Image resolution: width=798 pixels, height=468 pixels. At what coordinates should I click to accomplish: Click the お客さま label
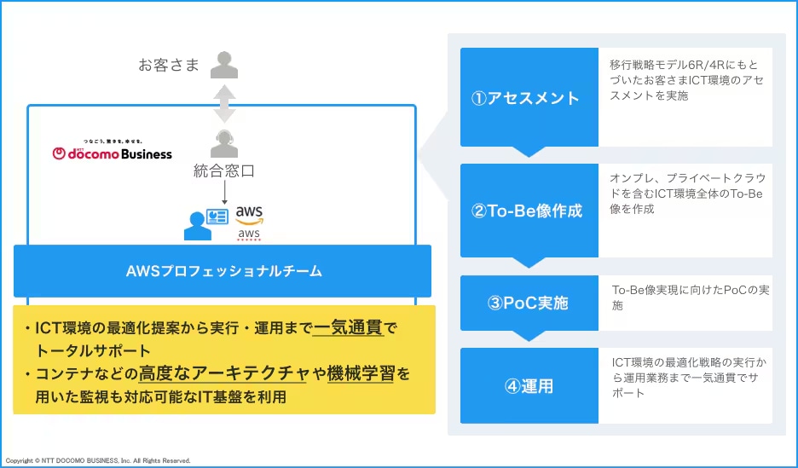(169, 65)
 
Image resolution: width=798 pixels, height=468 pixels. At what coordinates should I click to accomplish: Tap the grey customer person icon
(224, 65)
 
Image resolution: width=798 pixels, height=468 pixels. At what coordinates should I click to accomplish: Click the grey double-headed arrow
(224, 104)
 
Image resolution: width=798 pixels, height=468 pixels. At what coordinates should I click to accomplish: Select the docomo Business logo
(113, 150)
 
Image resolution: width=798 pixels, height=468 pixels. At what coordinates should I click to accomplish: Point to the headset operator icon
(224, 144)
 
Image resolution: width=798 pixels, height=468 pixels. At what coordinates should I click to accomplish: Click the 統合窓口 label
(224, 171)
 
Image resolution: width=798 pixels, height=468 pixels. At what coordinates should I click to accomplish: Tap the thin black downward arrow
(224, 193)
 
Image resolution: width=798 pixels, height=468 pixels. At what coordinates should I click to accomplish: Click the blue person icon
(198, 226)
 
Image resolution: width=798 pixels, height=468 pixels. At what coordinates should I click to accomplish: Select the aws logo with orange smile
(249, 215)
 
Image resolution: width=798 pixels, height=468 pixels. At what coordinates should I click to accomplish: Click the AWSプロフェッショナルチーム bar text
(224, 271)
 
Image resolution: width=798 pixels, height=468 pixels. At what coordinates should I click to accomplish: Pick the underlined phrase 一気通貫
(348, 328)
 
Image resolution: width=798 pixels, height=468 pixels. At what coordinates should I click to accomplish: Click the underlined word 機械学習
(361, 374)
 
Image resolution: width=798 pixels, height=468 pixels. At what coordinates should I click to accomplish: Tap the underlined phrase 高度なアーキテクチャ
(223, 374)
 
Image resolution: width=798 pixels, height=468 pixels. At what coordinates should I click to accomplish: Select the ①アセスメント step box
(529, 97)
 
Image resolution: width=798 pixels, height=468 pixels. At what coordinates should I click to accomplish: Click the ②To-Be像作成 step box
(529, 211)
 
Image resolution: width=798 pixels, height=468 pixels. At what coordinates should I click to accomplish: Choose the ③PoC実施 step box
(529, 303)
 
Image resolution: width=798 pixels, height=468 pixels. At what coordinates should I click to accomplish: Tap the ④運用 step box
(529, 385)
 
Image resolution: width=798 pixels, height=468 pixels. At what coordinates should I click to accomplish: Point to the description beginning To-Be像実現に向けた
(691, 298)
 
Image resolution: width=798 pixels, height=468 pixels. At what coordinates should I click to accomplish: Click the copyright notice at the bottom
(98, 460)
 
